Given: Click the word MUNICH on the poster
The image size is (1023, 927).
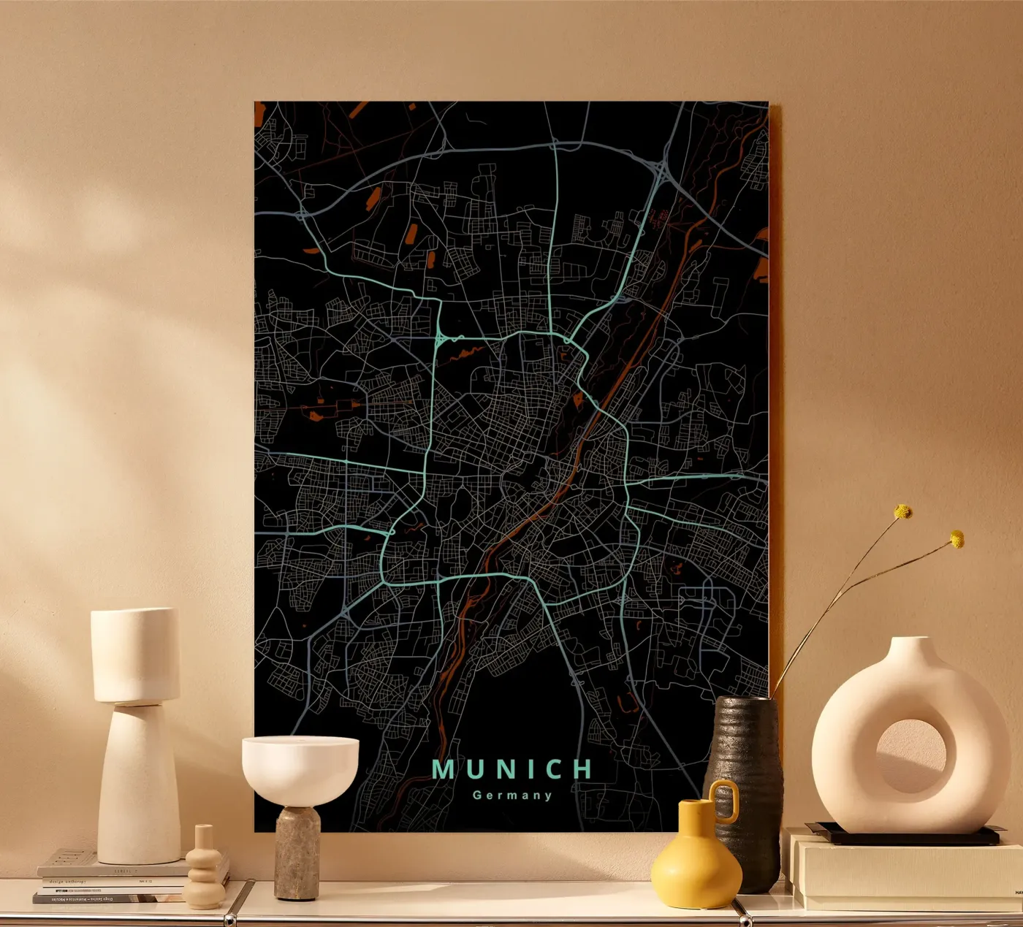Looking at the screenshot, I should (x=512, y=769).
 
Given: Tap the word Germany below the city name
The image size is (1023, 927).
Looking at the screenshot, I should (x=512, y=796).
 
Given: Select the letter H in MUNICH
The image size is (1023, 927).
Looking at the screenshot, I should (x=582, y=769).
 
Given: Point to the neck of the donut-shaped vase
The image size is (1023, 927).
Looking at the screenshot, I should (x=910, y=648).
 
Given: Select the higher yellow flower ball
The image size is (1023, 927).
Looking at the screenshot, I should (x=903, y=512).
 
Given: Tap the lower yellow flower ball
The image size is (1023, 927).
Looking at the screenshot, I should (x=957, y=540).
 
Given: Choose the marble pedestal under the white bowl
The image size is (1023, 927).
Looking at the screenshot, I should (x=297, y=851).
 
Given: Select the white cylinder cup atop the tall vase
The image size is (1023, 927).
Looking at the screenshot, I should (x=135, y=654).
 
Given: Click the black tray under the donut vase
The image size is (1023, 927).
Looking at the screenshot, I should (x=906, y=834).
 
